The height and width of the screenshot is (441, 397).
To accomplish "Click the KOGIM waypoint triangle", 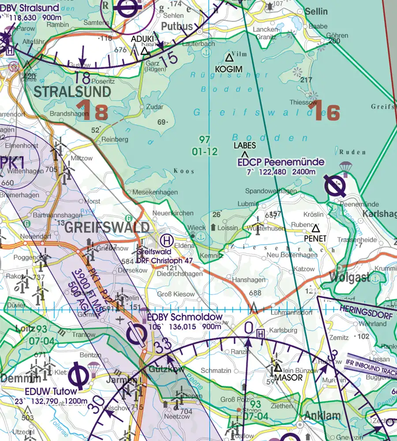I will (229, 57).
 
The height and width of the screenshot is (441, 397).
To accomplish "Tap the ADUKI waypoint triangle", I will (144, 51).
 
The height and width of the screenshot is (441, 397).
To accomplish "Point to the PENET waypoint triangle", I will (315, 228).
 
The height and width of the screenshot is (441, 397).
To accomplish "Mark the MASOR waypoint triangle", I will (277, 367).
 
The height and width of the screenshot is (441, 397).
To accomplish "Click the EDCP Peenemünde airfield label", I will (281, 162).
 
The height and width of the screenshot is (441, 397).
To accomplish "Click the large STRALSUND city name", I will (72, 92).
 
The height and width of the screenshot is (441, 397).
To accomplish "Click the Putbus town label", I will (177, 26).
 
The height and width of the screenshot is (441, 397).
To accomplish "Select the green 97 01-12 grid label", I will (205, 146).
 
